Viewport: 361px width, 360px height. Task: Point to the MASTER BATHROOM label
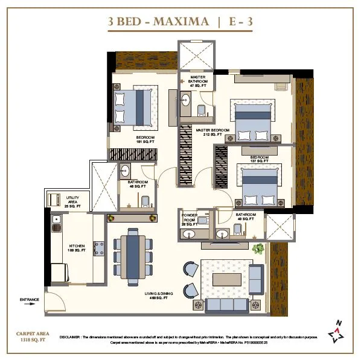[198, 82]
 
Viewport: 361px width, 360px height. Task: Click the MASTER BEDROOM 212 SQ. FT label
[212, 132]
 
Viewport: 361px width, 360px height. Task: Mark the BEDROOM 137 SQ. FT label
[250, 160]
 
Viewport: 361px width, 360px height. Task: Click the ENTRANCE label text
[30, 299]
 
